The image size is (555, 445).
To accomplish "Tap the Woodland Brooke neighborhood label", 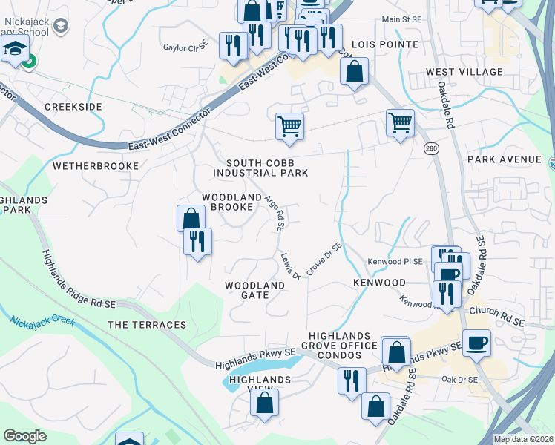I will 232,202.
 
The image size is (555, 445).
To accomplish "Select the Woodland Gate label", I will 254,289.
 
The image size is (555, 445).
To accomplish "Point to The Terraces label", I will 147,325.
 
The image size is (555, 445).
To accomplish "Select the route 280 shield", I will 430,149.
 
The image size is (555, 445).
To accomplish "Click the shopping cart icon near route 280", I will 400,122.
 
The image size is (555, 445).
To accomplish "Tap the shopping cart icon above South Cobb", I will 289,125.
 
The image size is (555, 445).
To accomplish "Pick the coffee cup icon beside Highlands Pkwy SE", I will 476,343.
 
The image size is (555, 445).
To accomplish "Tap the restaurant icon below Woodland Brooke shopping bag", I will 197,241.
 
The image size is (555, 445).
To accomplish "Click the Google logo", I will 24,436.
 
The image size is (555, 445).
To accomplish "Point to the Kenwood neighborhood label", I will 379,283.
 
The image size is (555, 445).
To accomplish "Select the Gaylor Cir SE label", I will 184,47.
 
